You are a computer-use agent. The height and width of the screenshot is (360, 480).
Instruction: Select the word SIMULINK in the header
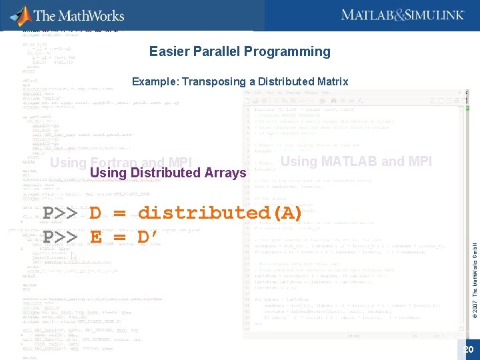pyautogui.click(x=433, y=15)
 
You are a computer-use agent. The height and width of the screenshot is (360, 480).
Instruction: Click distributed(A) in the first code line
pyautogui.click(x=221, y=213)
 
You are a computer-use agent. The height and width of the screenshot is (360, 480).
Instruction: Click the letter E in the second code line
pyautogui.click(x=95, y=237)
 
